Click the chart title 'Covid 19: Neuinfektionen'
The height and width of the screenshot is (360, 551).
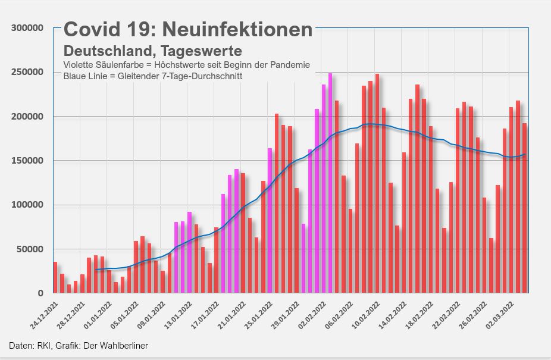(x=188, y=30)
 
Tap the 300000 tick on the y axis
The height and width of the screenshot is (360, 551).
(x=27, y=28)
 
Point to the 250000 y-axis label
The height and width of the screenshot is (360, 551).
(x=27, y=72)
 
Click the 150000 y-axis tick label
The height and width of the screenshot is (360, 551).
(x=27, y=161)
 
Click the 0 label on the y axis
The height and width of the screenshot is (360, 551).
(x=40, y=293)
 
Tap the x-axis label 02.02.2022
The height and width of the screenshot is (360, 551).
(x=311, y=313)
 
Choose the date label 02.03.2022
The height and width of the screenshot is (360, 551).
(x=499, y=313)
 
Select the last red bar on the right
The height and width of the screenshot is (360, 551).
(x=525, y=208)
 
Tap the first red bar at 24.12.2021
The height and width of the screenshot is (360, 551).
(x=55, y=277)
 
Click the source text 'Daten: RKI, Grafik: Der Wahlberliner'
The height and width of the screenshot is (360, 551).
(x=79, y=346)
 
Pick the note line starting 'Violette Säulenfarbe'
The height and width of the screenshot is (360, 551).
(x=186, y=64)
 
